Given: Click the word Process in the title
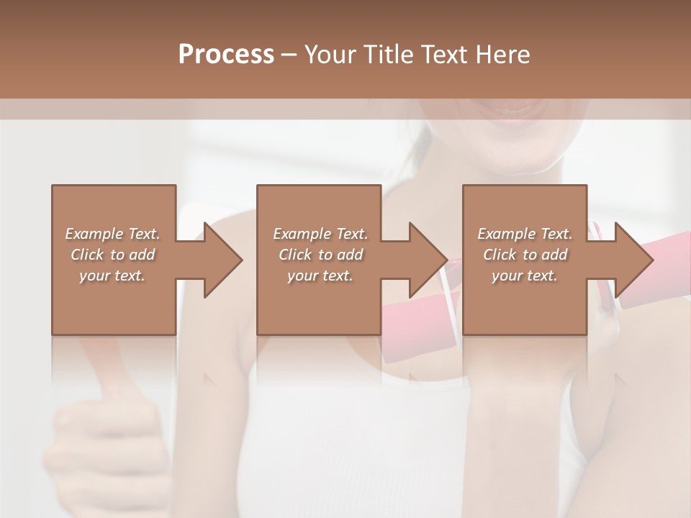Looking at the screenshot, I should coord(226,54).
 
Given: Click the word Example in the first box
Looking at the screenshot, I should coord(93,234).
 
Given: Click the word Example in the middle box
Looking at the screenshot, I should coord(300,234).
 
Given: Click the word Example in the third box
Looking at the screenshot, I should coord(505,234).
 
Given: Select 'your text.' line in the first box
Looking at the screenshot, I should coord(112,276).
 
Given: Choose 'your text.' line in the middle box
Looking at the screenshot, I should coord(320,276).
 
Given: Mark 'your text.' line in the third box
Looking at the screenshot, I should coord(524,276).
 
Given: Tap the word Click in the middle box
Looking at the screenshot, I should coord(295,255).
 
